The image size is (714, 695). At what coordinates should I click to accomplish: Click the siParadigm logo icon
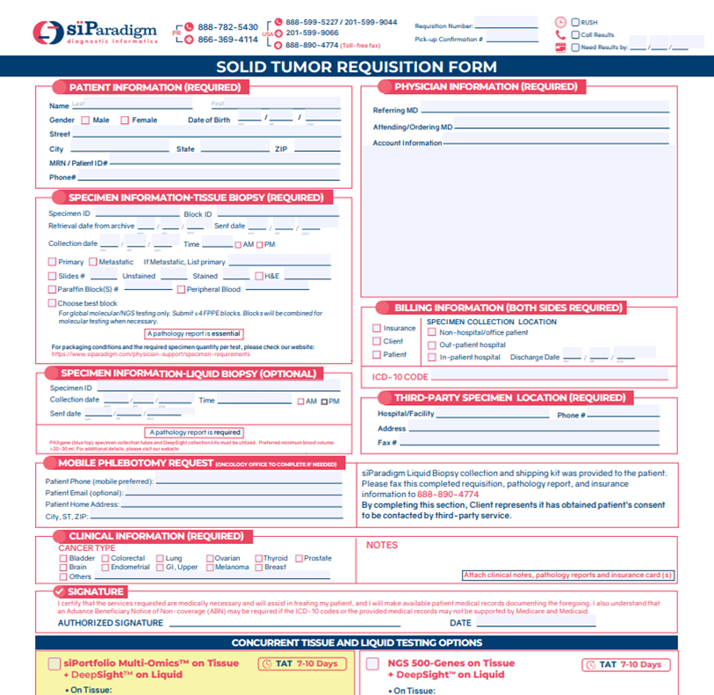tap(47, 33)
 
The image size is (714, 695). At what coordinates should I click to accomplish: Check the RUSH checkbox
tap(575, 22)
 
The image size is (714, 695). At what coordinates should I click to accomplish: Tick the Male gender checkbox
tap(85, 120)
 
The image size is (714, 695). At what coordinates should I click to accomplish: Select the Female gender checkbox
tap(125, 120)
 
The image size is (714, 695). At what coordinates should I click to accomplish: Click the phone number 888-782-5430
tap(227, 27)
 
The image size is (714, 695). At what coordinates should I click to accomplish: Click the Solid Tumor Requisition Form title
tap(357, 67)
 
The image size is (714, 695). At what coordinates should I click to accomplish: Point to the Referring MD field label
tap(395, 110)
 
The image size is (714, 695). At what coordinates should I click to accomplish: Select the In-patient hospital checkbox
tap(431, 358)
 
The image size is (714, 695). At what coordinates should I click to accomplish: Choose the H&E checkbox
tap(258, 276)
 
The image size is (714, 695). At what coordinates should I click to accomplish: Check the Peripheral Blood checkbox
tap(180, 289)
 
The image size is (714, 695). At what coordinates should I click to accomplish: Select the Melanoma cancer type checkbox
tap(209, 568)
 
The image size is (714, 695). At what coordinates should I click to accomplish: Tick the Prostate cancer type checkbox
tap(299, 558)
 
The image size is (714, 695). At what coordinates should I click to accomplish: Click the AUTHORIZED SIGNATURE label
tap(111, 623)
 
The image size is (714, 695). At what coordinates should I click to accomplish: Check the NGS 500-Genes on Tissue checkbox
tap(372, 664)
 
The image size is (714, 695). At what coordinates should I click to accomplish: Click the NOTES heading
tap(382, 545)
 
